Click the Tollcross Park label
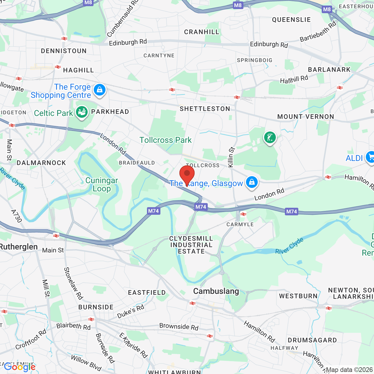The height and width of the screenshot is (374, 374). tap(165, 140)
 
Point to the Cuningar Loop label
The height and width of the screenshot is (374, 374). tap(102, 184)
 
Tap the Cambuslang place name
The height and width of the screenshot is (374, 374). tap(216, 291)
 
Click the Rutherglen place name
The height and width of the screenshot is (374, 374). tap(19, 247)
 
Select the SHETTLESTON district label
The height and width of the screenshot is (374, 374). tap(205, 109)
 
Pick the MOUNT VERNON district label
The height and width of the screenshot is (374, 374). tap(306, 117)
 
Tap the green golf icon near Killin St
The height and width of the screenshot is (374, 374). tap(270, 137)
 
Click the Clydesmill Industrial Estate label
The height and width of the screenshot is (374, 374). tap(191, 245)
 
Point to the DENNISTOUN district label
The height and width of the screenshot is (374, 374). tap(64, 51)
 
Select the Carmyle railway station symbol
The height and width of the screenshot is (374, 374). tap(243, 214)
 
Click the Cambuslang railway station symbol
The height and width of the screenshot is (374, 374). tap(192, 303)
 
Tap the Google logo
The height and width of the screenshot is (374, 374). tap(20, 367)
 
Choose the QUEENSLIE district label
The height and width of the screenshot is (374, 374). tap(291, 20)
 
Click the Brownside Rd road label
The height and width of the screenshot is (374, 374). tap(179, 326)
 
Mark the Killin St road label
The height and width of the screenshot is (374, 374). tap(231, 157)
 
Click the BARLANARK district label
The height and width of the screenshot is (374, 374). tap(329, 70)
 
